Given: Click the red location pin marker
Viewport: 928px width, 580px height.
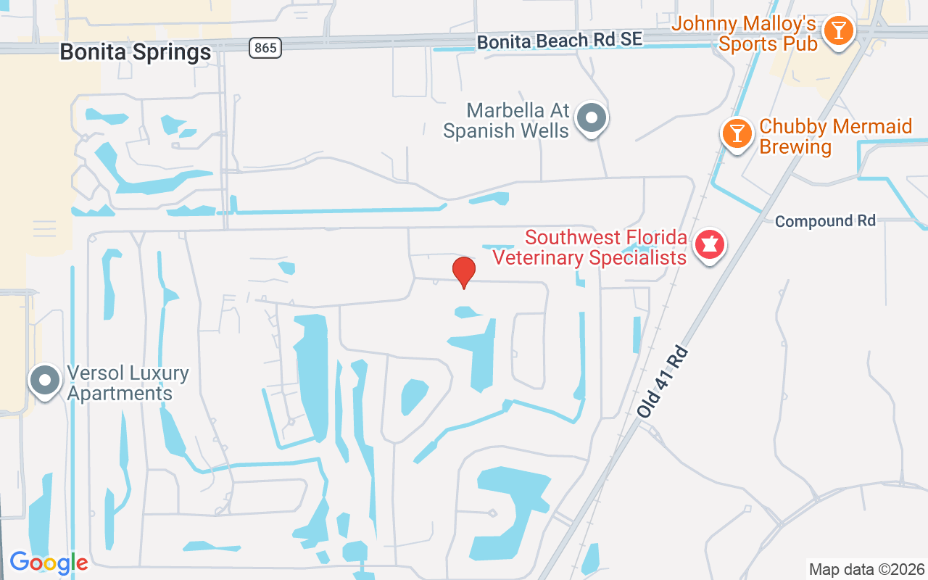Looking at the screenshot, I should (x=464, y=272).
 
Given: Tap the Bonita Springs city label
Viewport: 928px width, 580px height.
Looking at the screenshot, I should (x=136, y=52).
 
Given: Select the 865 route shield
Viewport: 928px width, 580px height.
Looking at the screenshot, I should (x=265, y=48).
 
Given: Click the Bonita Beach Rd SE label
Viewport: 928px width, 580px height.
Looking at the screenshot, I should (x=560, y=40).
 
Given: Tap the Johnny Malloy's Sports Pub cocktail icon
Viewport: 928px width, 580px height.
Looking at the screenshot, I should (x=838, y=31).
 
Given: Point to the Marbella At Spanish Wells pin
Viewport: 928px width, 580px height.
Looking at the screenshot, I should (x=592, y=117).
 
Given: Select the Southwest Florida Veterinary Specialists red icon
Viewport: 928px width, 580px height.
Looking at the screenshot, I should (x=709, y=245).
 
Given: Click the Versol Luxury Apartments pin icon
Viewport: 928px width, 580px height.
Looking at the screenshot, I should (x=45, y=380).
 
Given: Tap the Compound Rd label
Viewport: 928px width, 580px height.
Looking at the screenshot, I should (x=825, y=221).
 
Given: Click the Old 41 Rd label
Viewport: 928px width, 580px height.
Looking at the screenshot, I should (x=662, y=381).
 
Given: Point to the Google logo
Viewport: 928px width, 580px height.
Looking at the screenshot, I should (x=49, y=563).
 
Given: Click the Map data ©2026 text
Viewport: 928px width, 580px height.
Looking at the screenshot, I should (x=866, y=569).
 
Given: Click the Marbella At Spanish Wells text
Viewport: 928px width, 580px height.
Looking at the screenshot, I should (x=507, y=120).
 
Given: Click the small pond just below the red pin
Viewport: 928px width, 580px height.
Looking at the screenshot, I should (x=466, y=312).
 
